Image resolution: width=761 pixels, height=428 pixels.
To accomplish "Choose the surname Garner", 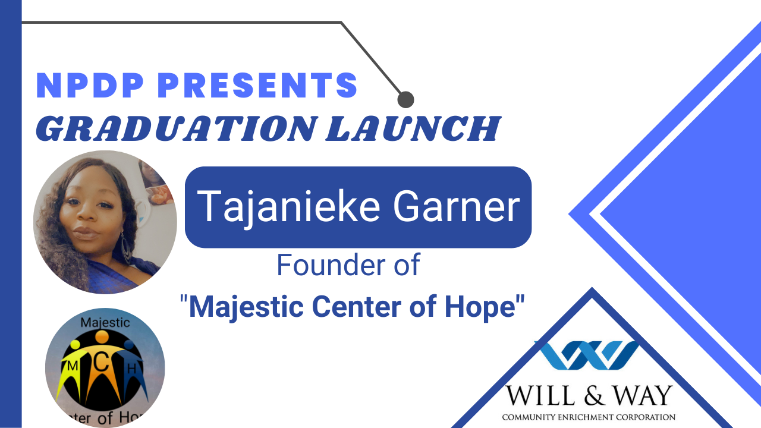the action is (457, 206).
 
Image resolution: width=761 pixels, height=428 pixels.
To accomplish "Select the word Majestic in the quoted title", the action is (246, 307).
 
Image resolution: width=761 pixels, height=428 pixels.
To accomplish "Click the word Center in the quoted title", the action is (357, 306).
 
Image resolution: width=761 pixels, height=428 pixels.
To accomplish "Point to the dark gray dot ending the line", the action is (405, 99).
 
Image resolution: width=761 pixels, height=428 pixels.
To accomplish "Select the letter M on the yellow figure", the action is (73, 366).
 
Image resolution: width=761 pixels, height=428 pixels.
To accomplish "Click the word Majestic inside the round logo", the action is (105, 323).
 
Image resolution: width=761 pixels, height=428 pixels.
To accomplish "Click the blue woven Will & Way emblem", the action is (589, 355).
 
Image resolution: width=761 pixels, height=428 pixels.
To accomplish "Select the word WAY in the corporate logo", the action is (642, 395).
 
